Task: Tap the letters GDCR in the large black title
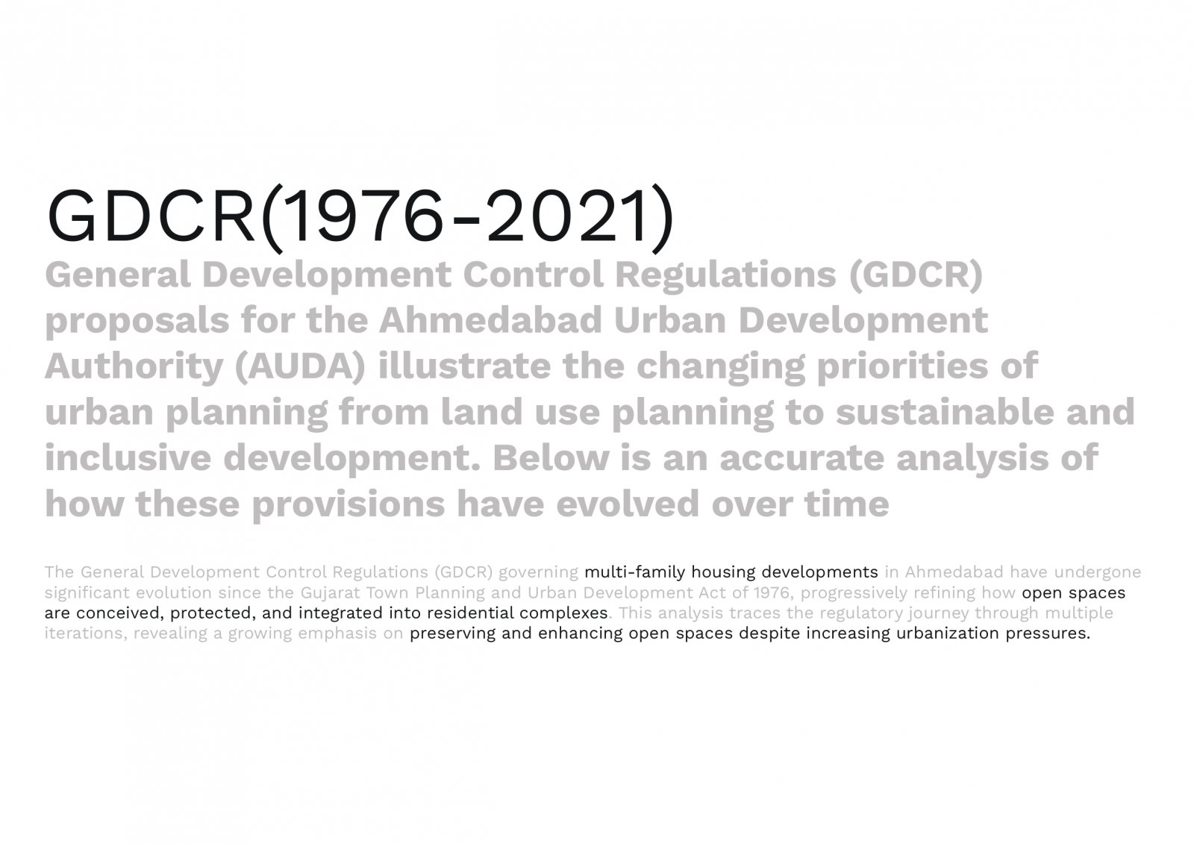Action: [151, 216]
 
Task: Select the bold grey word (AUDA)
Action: [300, 367]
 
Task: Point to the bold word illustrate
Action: [463, 366]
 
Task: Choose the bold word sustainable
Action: [945, 412]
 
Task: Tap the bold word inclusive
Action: [128, 458]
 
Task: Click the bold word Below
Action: [550, 458]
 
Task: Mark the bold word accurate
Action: [802, 459]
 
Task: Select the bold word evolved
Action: [628, 504]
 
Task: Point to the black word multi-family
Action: [635, 572]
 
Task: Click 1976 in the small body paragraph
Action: [772, 593]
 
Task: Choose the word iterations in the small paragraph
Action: [86, 634]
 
